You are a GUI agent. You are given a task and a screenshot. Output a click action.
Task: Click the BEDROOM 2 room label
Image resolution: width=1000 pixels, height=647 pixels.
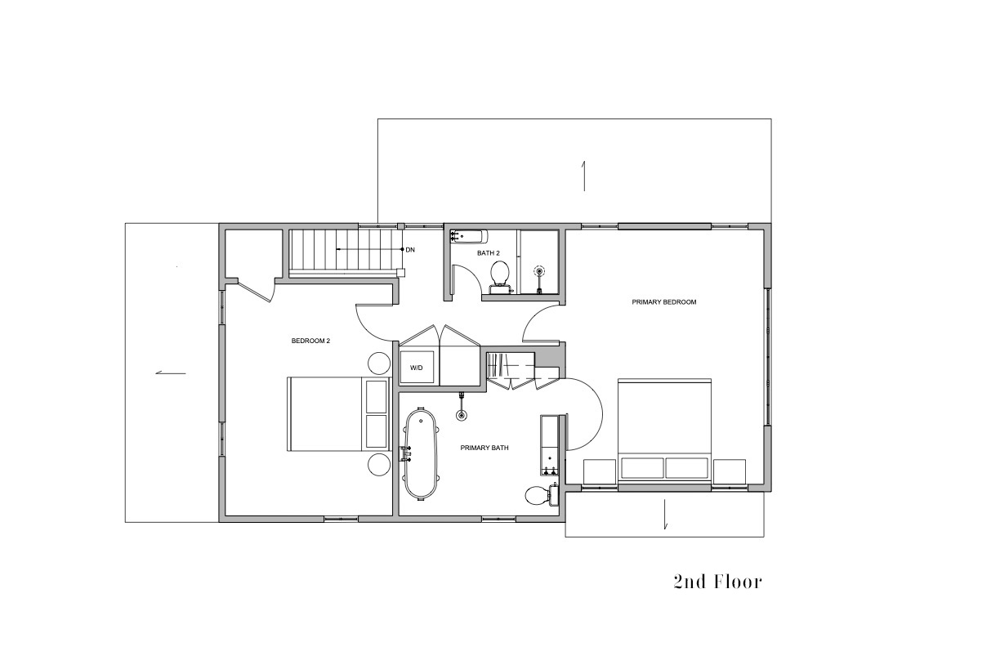(x=310, y=341)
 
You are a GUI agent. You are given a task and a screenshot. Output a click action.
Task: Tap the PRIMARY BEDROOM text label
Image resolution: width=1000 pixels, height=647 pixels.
(x=664, y=301)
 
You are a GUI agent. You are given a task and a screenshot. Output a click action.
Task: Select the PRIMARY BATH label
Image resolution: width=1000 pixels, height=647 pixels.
(x=484, y=448)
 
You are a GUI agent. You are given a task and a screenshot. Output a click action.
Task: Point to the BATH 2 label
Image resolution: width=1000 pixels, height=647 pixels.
(x=489, y=252)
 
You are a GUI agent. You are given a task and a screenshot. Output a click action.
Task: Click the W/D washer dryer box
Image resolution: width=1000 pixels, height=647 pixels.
(x=417, y=368)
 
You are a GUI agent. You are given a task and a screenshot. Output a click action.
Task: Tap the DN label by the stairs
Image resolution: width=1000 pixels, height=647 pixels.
(x=410, y=250)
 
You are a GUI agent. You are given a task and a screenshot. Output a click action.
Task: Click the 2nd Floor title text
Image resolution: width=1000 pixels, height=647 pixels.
(x=718, y=582)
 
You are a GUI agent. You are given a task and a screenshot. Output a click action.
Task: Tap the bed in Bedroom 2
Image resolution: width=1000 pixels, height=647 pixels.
(x=338, y=414)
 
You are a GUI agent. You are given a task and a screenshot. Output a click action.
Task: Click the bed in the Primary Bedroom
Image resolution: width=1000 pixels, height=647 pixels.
(x=664, y=431)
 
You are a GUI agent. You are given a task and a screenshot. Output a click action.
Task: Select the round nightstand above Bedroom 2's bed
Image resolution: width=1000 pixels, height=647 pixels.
(x=379, y=363)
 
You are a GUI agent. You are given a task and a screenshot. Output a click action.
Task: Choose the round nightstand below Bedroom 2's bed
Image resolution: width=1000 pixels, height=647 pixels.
(x=379, y=465)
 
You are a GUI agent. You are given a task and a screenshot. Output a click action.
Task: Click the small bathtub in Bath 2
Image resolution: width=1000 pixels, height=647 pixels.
(x=468, y=236)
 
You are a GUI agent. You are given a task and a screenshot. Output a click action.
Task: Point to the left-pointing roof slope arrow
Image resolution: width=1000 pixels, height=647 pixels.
(x=171, y=373)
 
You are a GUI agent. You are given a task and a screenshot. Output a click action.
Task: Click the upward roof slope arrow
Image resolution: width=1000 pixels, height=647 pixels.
(x=583, y=176)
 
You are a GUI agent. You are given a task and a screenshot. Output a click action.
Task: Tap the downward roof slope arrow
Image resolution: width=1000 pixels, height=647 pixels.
(x=665, y=514)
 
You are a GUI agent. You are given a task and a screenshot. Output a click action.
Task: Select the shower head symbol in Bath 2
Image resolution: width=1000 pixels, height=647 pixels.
(x=540, y=270)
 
